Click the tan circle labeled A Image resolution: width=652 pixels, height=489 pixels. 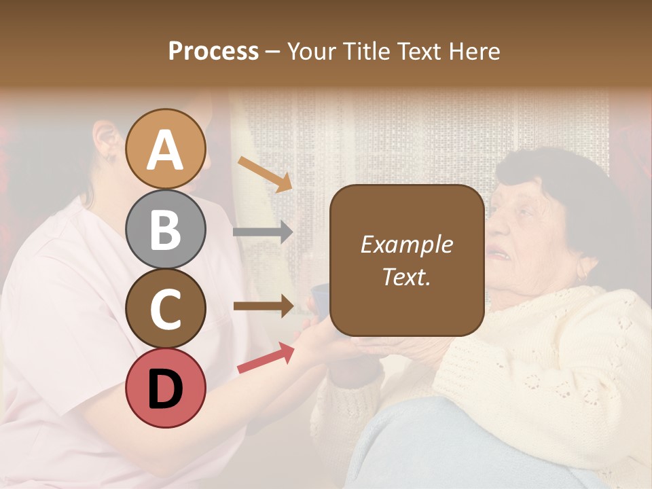point(166,149)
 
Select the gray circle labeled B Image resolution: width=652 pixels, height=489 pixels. point(166,229)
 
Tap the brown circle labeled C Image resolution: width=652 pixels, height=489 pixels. point(166,308)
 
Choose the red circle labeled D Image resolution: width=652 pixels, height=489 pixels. point(166,388)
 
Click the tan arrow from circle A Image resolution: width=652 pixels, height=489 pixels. point(265,174)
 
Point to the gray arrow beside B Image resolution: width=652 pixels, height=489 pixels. point(263,232)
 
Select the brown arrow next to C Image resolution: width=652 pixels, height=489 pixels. point(263,306)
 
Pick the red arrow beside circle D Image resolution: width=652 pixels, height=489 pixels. point(266,358)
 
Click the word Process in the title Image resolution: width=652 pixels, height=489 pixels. point(213,52)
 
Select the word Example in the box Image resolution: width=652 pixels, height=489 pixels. point(406,244)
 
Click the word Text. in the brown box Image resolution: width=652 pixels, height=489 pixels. point(406,276)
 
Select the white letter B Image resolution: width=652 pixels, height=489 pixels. point(166,229)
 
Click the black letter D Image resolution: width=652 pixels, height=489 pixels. point(166,388)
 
